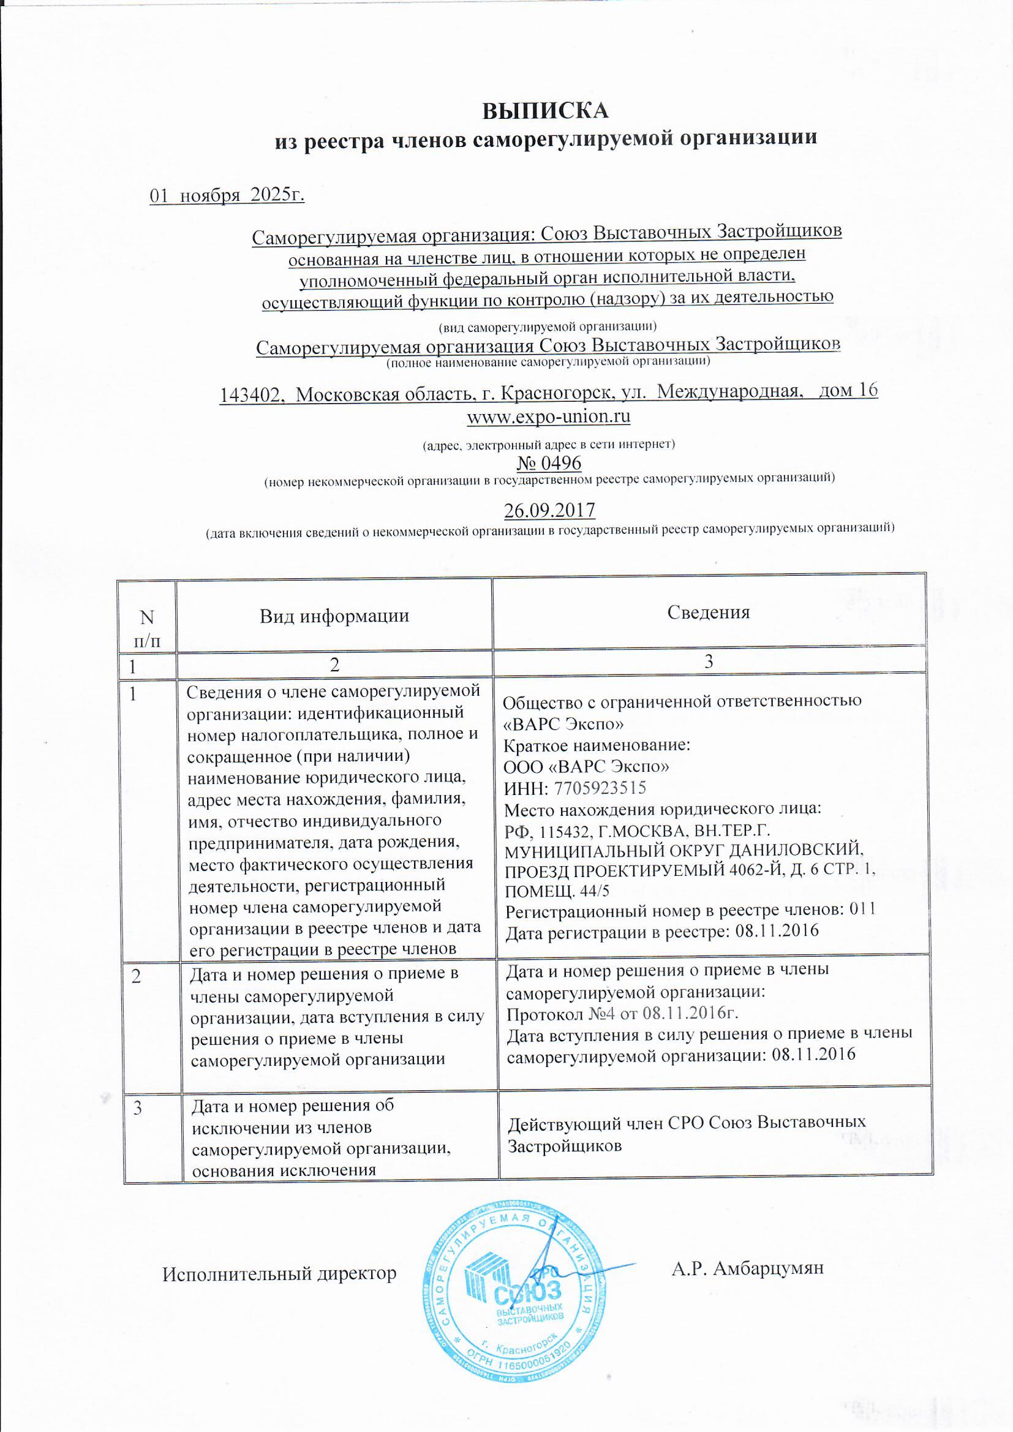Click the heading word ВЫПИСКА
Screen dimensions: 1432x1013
(x=545, y=110)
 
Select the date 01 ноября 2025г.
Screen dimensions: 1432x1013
(x=227, y=196)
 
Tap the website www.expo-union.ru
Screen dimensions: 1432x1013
(x=548, y=416)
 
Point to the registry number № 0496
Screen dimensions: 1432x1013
(x=549, y=464)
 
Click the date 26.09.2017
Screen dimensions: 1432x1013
(x=549, y=510)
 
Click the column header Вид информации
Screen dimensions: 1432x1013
(x=334, y=616)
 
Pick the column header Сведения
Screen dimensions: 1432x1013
(x=708, y=612)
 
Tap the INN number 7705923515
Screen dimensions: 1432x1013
(x=600, y=788)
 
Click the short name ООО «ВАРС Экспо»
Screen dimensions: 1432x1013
(x=587, y=766)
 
